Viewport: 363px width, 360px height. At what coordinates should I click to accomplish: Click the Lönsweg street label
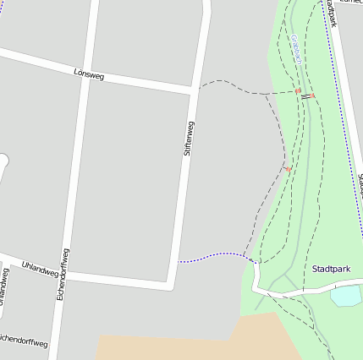click(88, 75)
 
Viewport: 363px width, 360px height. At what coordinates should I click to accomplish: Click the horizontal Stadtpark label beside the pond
click(331, 269)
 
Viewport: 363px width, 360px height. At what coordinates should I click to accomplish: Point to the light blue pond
click(346, 296)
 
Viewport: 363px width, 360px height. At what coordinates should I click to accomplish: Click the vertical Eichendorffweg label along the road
click(63, 275)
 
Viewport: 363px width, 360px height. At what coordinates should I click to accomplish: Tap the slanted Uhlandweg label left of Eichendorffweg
click(39, 269)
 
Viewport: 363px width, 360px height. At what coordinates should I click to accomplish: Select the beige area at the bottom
click(195, 342)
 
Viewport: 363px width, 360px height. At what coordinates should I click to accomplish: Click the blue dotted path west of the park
click(212, 256)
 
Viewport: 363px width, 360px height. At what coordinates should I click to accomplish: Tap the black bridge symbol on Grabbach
click(304, 94)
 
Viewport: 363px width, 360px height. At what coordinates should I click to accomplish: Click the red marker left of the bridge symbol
click(297, 90)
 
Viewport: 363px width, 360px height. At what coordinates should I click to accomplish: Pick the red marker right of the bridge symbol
click(312, 95)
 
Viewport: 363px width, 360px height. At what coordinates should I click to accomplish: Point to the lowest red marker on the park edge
click(288, 169)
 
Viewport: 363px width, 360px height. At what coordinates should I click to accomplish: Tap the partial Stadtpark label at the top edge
click(333, 15)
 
